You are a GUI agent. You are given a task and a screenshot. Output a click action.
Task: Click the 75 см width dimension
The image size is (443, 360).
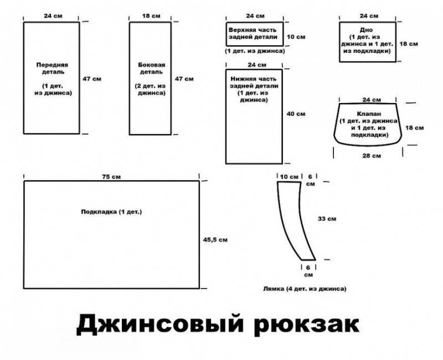(x=111, y=177)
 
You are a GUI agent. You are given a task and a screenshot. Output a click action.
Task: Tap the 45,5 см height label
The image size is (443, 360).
(x=215, y=240)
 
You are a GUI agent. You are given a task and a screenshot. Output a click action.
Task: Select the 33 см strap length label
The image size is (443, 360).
(x=327, y=219)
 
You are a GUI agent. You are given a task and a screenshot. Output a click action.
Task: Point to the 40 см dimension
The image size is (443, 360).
(x=296, y=114)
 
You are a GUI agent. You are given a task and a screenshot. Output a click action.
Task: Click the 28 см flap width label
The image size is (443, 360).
(x=372, y=156)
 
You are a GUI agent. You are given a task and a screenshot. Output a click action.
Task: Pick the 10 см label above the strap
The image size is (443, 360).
(x=289, y=177)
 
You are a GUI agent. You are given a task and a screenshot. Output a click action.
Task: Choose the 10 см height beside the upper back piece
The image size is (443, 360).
(x=296, y=37)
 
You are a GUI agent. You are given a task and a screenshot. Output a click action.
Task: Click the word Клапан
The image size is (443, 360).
(x=369, y=114)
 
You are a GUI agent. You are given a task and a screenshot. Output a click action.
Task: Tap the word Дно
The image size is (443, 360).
(x=367, y=30)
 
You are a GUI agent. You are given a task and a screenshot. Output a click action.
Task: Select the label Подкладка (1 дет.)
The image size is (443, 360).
(x=111, y=212)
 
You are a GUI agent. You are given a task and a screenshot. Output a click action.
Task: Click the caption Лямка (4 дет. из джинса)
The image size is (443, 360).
(x=305, y=289)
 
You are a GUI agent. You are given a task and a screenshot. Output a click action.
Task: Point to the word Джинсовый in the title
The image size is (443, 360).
(x=159, y=323)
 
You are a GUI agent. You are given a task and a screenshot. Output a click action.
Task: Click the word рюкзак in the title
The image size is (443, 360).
(x=306, y=325)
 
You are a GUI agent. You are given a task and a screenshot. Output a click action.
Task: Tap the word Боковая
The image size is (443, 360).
(x=151, y=65)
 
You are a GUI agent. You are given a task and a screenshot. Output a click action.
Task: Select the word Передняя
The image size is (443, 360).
(x=52, y=65)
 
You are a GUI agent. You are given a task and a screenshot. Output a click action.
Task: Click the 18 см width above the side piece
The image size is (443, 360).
(x=151, y=16)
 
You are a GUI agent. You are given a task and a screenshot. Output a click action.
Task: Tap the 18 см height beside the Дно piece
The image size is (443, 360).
(x=409, y=44)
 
